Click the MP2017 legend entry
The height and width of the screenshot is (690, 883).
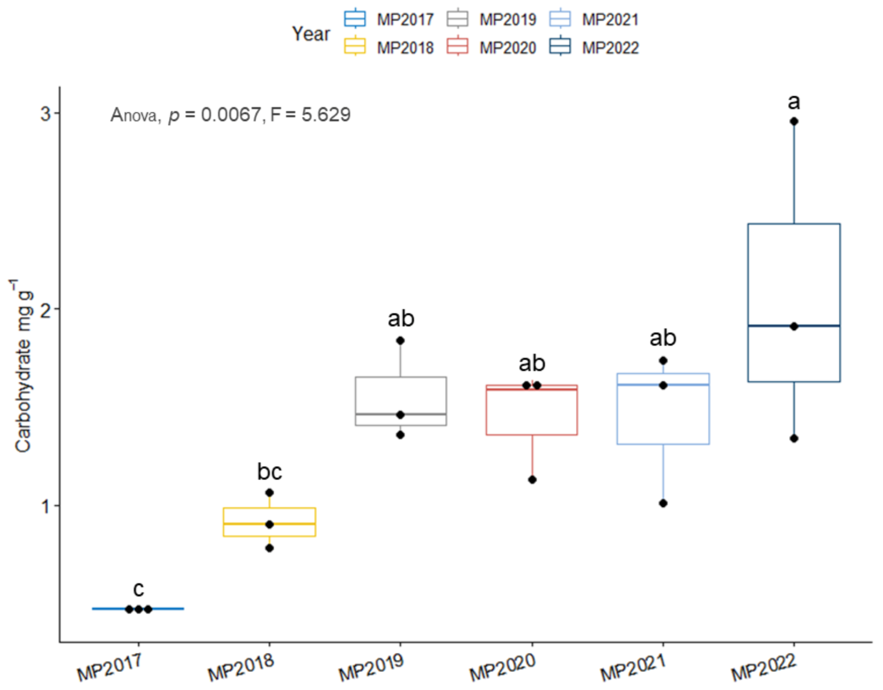click(x=389, y=19)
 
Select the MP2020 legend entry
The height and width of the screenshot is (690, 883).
click(x=492, y=47)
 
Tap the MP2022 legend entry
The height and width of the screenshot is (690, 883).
click(x=594, y=47)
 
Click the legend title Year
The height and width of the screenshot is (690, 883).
click(x=311, y=34)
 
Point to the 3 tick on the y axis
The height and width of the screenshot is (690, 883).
click(x=46, y=113)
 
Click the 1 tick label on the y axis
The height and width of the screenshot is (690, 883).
click(x=46, y=506)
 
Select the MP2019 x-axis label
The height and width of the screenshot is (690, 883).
click(x=371, y=666)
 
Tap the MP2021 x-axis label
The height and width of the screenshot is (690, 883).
click(x=633, y=666)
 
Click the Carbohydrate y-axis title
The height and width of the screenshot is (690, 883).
click(x=22, y=366)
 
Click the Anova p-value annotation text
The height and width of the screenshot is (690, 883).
click(x=230, y=114)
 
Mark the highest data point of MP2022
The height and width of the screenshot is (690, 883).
click(x=794, y=121)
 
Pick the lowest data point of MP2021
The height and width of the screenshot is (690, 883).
click(x=663, y=503)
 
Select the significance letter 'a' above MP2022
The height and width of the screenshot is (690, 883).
click(x=794, y=101)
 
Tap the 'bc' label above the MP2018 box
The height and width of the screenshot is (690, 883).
click(x=269, y=472)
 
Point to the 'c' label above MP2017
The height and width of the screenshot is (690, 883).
click(x=139, y=589)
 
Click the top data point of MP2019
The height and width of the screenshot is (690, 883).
click(x=400, y=340)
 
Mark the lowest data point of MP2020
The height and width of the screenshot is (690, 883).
click(x=532, y=479)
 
